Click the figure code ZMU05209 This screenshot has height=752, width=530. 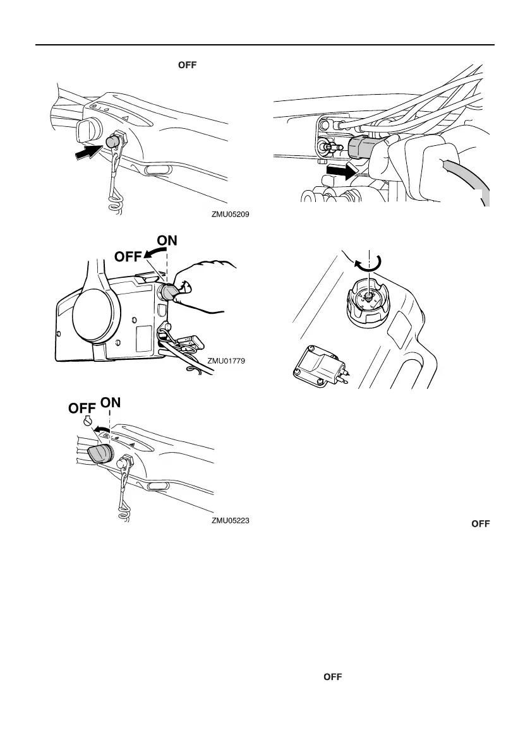(231, 214)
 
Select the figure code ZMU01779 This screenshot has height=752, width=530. (226, 361)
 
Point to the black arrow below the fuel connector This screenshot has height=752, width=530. (339, 171)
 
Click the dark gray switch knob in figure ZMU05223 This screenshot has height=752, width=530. (98, 454)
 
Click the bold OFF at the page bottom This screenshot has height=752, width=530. (332, 677)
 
